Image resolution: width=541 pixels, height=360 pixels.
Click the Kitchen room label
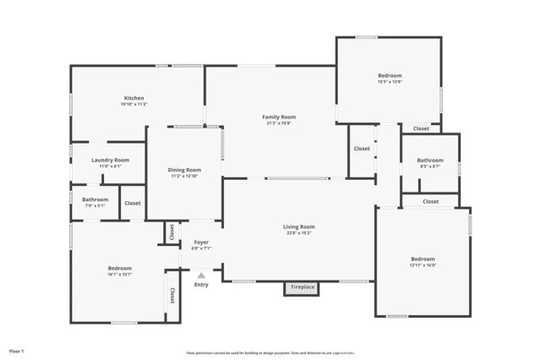(135, 98)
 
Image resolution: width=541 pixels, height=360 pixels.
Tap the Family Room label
(279, 117)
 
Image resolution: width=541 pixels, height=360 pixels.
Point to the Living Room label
(298, 226)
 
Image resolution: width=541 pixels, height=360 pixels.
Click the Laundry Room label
(110, 160)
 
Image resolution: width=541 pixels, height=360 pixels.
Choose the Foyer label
(200, 243)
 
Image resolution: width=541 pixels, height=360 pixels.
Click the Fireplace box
(303, 287)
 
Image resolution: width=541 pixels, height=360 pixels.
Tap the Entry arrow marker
(201, 275)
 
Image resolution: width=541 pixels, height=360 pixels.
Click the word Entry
(201, 284)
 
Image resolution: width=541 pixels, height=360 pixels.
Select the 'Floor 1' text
(16, 350)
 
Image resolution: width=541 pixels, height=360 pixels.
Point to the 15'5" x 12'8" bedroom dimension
(390, 82)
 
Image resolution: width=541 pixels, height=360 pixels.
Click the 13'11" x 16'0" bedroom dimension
(423, 265)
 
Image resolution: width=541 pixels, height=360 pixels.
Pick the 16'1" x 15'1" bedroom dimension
(119, 274)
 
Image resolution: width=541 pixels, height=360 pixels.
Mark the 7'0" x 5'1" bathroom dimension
(95, 205)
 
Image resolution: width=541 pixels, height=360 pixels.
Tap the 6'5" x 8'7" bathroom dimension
(430, 166)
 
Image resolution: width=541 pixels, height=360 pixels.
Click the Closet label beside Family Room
(362, 149)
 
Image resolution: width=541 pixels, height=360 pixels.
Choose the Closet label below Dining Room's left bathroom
(133, 203)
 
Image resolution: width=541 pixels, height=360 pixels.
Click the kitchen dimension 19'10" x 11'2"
(135, 104)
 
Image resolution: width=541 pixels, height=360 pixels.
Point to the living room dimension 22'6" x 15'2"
(298, 232)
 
